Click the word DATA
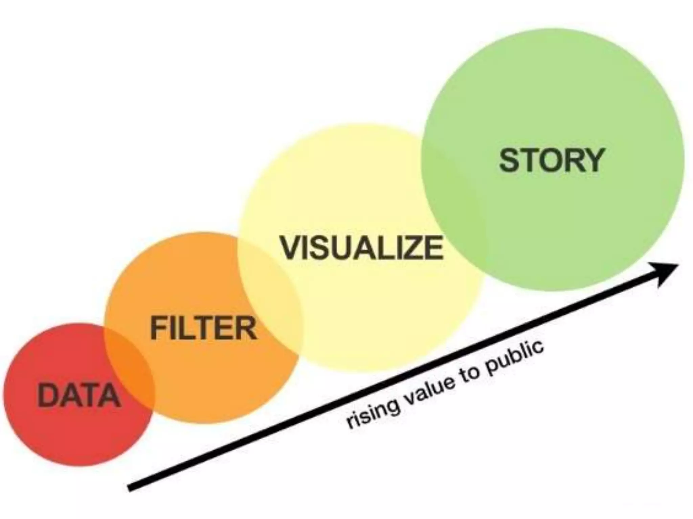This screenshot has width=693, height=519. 79,395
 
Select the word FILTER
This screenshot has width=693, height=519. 203,328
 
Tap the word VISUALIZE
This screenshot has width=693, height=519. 361,248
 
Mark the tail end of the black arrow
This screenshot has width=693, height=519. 130,488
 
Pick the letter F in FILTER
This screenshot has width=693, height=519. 159,328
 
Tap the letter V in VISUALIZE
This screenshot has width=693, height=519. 292,248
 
